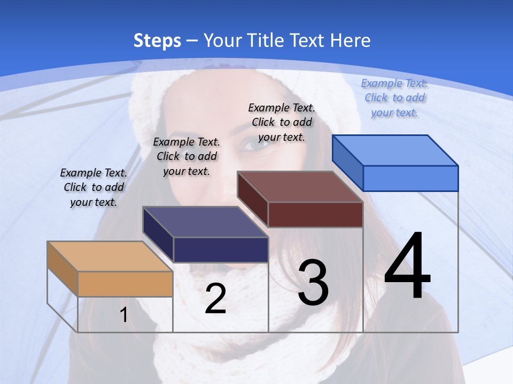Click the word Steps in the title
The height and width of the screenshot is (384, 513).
pyautogui.click(x=157, y=41)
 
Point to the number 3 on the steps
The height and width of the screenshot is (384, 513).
pyautogui.click(x=313, y=283)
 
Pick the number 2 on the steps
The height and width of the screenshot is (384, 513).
pyautogui.click(x=215, y=299)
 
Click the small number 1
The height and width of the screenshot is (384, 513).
pyautogui.click(x=124, y=315)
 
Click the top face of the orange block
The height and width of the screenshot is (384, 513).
pyautogui.click(x=110, y=257)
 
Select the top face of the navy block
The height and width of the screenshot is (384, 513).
pyautogui.click(x=205, y=222)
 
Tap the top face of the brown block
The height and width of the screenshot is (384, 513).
pyautogui.click(x=300, y=187)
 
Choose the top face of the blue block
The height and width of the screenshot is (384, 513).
pyautogui.click(x=395, y=150)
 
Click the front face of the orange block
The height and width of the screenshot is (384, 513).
pyautogui.click(x=125, y=284)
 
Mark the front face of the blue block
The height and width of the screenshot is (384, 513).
pyautogui.click(x=410, y=178)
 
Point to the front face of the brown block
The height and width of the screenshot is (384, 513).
pyautogui.click(x=315, y=214)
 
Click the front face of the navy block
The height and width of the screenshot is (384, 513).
pyautogui.click(x=221, y=250)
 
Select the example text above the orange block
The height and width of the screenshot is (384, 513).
pyautogui.click(x=94, y=187)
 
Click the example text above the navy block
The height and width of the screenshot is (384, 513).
pyautogui.click(x=186, y=156)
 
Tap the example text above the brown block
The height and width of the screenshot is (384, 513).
pyautogui.click(x=282, y=122)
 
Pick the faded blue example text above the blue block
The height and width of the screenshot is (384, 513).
pyautogui.click(x=394, y=98)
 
